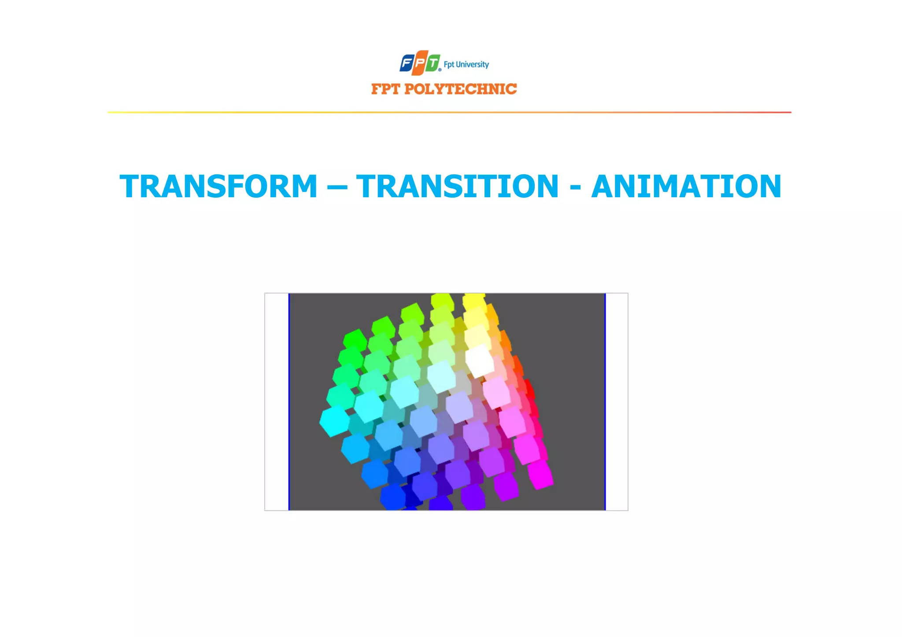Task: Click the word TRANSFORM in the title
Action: click(218, 186)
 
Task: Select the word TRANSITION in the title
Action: click(457, 186)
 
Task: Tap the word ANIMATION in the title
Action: click(686, 186)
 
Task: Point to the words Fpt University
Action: click(466, 65)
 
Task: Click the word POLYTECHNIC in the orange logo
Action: click(461, 89)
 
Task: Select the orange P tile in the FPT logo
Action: click(420, 63)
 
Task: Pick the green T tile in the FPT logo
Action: click(433, 63)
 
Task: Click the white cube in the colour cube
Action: click(480, 360)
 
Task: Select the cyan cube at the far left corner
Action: click(334, 420)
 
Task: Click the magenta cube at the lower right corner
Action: click(540, 475)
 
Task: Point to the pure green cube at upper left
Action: click(355, 340)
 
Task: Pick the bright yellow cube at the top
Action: click(474, 302)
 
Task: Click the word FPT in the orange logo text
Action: click(385, 89)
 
